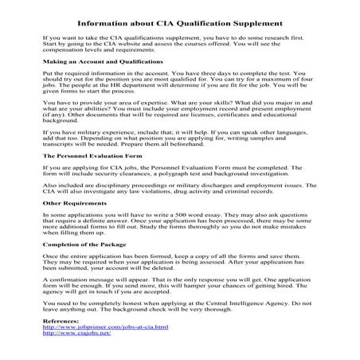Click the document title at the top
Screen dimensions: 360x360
coord(181,22)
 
